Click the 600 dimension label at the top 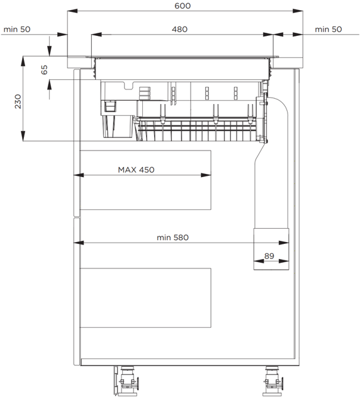click(183, 6)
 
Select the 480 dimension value click(179, 30)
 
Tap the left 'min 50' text click(17, 30)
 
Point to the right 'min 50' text click(328, 30)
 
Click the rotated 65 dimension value click(44, 69)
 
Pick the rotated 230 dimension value click(18, 101)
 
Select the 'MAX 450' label click(136, 170)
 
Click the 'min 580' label click(172, 238)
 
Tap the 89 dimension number click(269, 256)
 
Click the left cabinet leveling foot click(126, 381)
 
